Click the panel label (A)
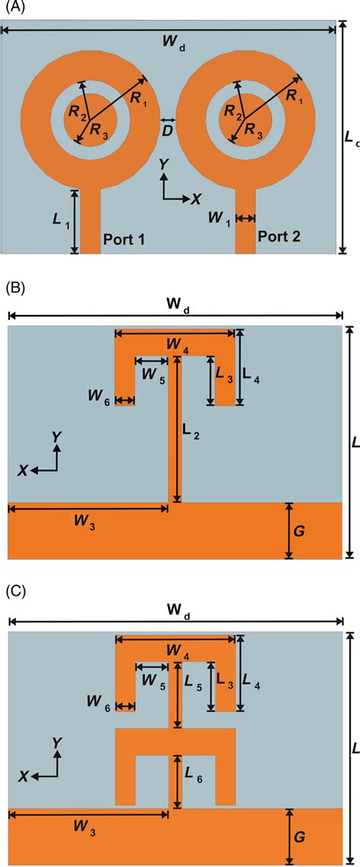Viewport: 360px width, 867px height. click(x=14, y=9)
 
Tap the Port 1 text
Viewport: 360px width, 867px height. click(x=125, y=238)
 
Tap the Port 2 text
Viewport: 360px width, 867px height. click(x=279, y=236)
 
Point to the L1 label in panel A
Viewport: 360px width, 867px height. click(x=58, y=220)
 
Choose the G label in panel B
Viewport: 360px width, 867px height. click(x=298, y=531)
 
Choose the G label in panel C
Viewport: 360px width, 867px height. click(x=298, y=837)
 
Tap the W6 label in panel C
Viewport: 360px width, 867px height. click(x=99, y=707)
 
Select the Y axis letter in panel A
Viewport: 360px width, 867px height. click(x=163, y=163)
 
